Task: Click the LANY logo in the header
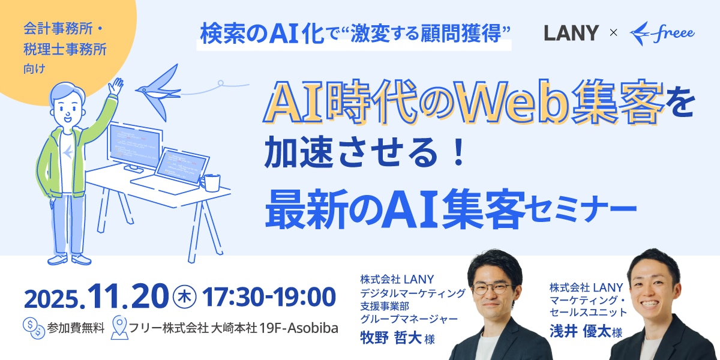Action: pos(571,32)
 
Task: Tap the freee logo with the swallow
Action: pos(662,32)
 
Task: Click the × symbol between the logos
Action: pos(613,32)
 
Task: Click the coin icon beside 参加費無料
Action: pos(34,328)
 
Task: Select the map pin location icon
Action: pos(119,328)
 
